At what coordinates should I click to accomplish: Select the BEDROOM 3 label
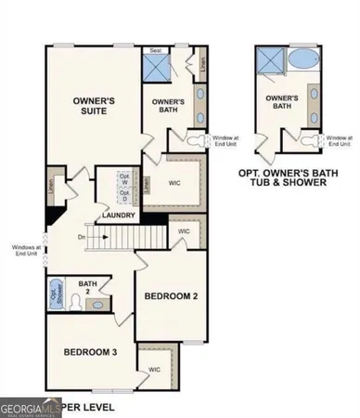pyautogui.click(x=91, y=352)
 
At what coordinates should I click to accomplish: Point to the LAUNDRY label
pyautogui.click(x=122, y=216)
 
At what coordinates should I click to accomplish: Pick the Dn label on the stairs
pyautogui.click(x=108, y=238)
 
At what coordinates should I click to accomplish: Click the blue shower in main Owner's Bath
pyautogui.click(x=156, y=68)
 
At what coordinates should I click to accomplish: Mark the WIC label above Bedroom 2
pyautogui.click(x=184, y=229)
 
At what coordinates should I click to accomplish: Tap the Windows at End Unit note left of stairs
pyautogui.click(x=25, y=250)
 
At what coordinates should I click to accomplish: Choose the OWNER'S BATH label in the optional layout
pyautogui.click(x=281, y=101)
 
